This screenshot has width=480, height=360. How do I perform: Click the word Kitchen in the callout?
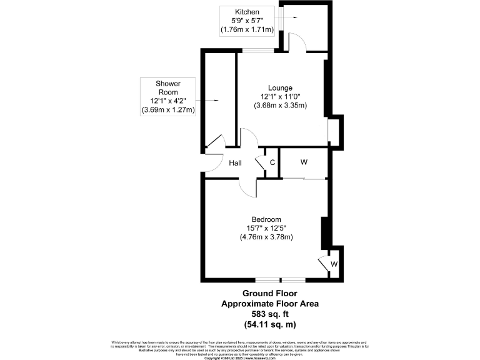247,12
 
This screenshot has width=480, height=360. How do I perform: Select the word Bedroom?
266,219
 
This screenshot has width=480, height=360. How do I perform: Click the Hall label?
236,163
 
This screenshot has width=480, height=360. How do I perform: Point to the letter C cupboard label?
272,163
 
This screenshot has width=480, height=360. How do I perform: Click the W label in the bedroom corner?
334,264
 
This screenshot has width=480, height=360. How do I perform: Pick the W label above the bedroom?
304,162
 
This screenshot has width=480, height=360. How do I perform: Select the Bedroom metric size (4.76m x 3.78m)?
266,237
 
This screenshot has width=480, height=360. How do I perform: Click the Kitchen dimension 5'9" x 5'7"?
247,21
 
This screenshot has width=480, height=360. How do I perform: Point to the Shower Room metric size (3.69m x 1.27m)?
168,110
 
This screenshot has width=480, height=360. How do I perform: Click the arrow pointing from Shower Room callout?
210,100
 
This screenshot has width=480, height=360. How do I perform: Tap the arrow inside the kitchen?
291,19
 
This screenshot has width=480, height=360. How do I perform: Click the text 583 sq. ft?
269,314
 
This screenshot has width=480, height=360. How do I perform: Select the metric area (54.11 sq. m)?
269,324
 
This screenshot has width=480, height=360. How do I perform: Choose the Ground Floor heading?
269,293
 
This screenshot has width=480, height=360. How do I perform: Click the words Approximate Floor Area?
269,304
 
